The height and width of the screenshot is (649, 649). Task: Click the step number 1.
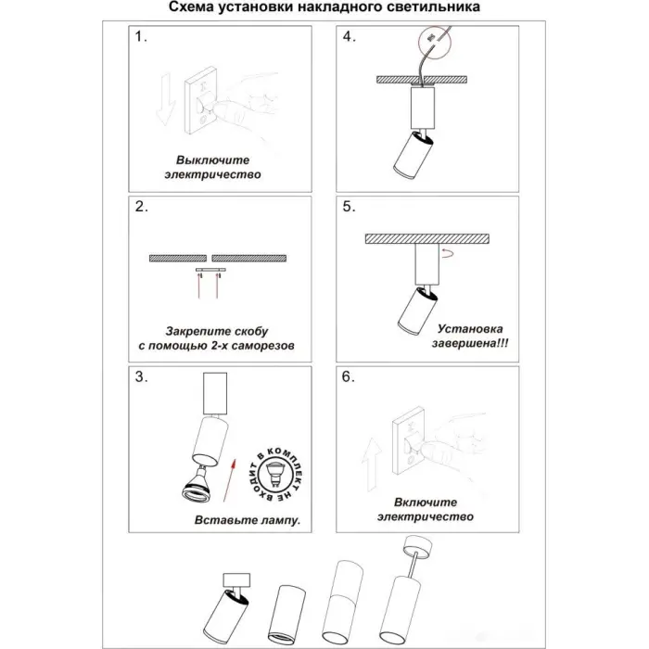141,39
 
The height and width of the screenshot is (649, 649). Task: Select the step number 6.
349,377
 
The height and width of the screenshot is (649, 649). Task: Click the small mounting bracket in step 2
211,270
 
